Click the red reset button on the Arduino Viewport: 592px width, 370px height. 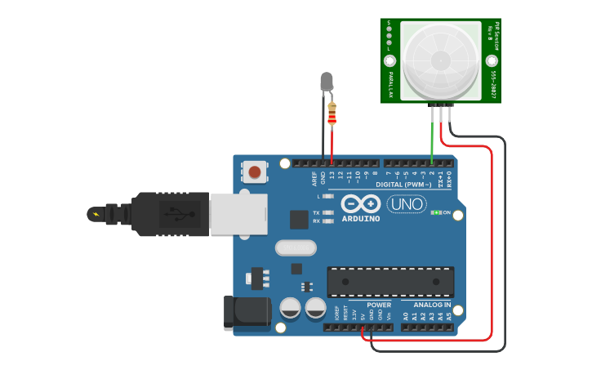pos(255,172)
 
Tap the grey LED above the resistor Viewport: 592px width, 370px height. pos(327,82)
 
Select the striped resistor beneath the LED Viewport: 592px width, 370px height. pos(332,114)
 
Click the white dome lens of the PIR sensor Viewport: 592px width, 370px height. pos(441,59)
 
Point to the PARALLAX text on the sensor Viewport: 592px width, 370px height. pos(390,84)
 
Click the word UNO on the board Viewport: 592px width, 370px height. pos(407,203)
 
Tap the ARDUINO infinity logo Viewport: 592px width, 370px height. pos(361,206)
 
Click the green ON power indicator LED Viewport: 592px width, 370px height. pos(437,212)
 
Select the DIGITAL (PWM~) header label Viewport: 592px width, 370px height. pos(410,185)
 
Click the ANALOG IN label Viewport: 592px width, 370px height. pos(426,305)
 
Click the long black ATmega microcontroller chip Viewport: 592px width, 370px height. pos(390,282)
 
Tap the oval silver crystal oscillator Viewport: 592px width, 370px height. pos(295,247)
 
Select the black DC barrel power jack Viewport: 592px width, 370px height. pos(247,314)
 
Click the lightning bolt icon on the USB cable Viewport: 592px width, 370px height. pos(97,215)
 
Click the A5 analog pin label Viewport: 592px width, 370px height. pos(448,315)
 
